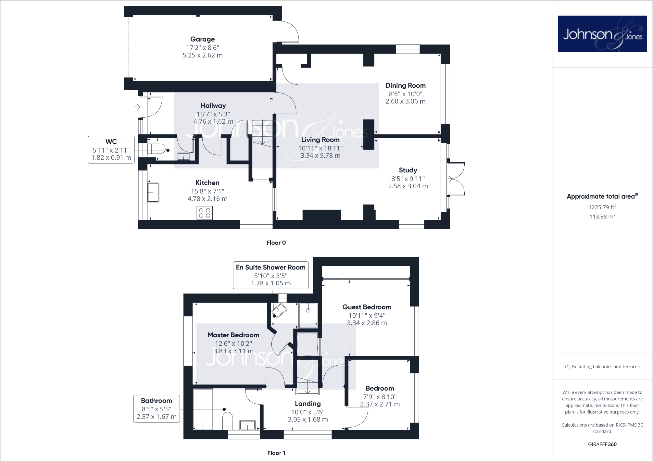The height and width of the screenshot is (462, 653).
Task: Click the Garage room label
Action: click(202, 39)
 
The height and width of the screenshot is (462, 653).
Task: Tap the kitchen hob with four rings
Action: click(205, 213)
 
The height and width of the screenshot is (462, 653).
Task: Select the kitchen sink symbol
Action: click(153, 193)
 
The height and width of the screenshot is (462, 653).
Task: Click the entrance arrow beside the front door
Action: click(137, 107)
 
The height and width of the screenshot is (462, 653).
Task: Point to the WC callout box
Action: click(111, 150)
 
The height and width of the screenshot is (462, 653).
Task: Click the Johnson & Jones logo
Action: click(602, 34)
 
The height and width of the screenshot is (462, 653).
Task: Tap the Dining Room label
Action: click(405, 85)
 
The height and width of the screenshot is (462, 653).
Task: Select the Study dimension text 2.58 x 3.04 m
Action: click(408, 186)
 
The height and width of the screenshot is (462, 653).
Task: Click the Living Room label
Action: click(320, 140)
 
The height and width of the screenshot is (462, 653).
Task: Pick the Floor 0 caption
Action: click(276, 243)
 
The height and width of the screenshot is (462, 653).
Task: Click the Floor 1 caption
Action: click(276, 453)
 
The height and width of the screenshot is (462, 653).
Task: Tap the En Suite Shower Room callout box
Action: click(270, 275)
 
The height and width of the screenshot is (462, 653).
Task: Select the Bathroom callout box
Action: click(157, 408)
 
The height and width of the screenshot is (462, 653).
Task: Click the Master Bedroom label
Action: click(233, 335)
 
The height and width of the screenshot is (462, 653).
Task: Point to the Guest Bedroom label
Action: click(367, 307)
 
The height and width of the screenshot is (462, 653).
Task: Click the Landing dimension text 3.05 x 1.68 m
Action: click(308, 419)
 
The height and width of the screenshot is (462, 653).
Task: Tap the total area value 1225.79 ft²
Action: click(602, 207)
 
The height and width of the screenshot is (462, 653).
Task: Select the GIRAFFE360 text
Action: click(602, 444)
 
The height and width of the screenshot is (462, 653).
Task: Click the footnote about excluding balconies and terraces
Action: click(602, 367)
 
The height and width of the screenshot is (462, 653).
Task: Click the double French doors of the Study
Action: click(456, 179)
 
